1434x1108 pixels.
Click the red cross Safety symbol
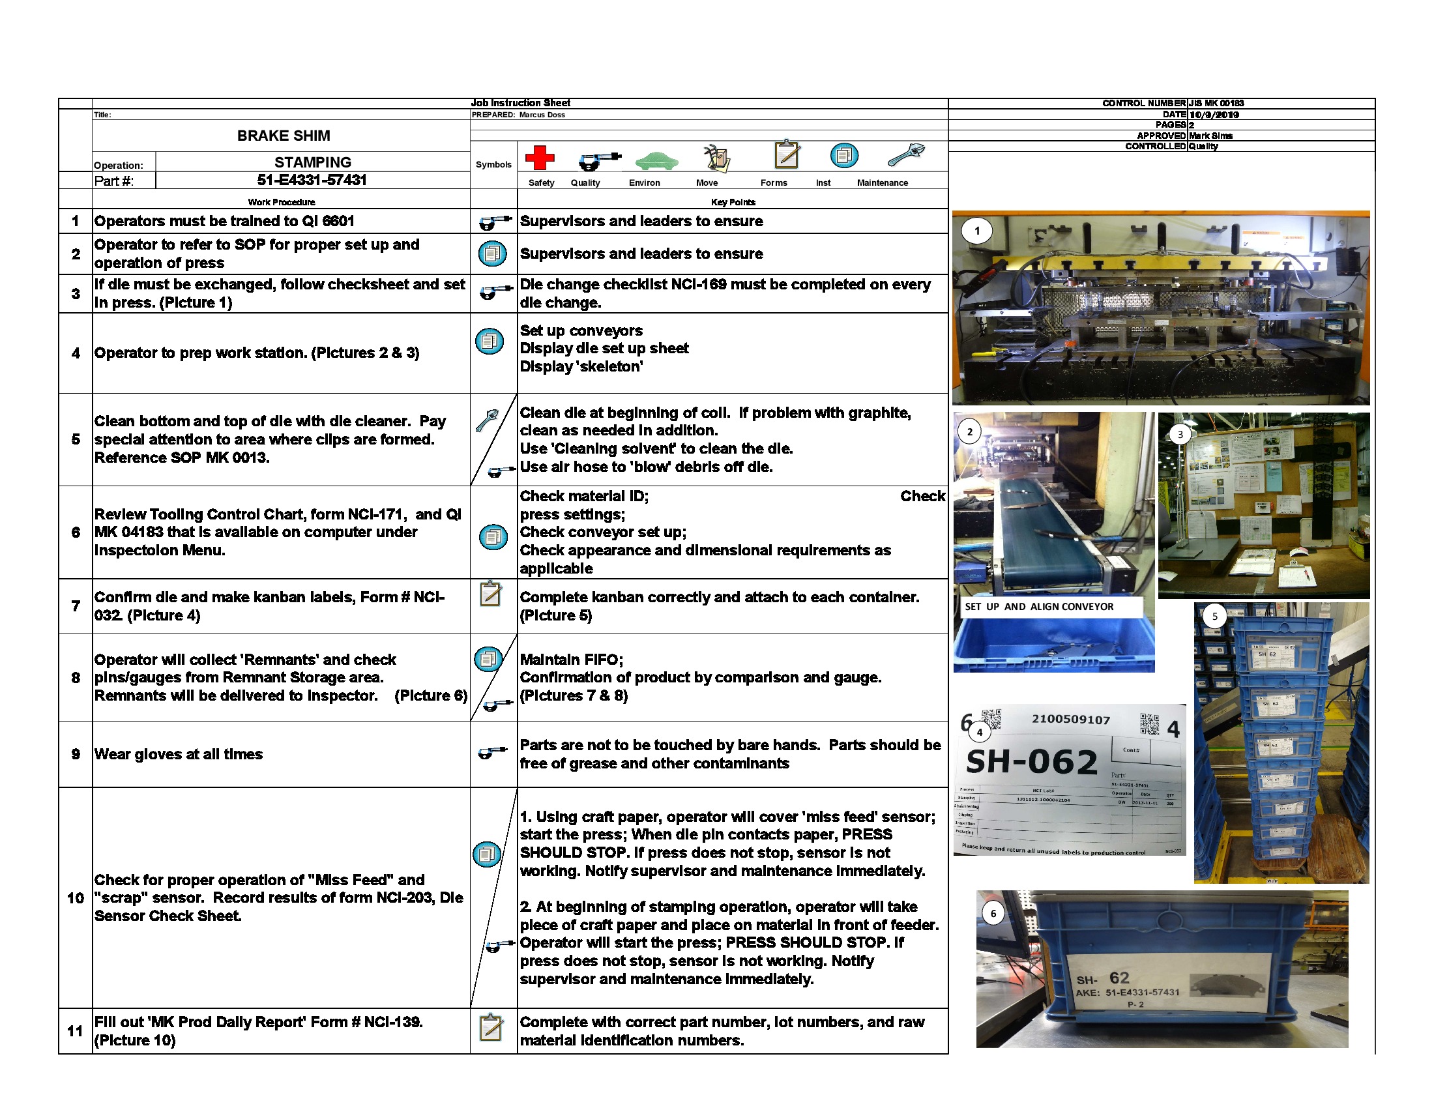coord(539,158)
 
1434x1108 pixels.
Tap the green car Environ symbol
coord(656,160)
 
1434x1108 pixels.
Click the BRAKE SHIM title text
coord(284,136)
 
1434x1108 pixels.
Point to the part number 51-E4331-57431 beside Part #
coord(312,180)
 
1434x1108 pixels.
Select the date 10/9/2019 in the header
coord(1214,114)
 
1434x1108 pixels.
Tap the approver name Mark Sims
coord(1211,135)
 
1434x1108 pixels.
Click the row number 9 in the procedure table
coord(76,754)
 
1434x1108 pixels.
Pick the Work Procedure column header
coord(281,201)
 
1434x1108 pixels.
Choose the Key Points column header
coord(733,201)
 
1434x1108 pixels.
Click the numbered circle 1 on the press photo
coord(977,230)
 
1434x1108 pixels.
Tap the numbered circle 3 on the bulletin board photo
coord(1180,434)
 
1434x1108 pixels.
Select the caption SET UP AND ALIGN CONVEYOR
coord(1039,607)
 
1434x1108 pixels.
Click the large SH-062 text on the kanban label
coord(1032,761)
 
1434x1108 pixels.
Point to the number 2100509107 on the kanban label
coord(1071,720)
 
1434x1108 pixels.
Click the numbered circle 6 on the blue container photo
coord(993,913)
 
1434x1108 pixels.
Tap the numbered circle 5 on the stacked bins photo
coord(1214,617)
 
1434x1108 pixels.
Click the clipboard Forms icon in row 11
coord(491,1027)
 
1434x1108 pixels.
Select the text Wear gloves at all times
coord(179,754)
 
